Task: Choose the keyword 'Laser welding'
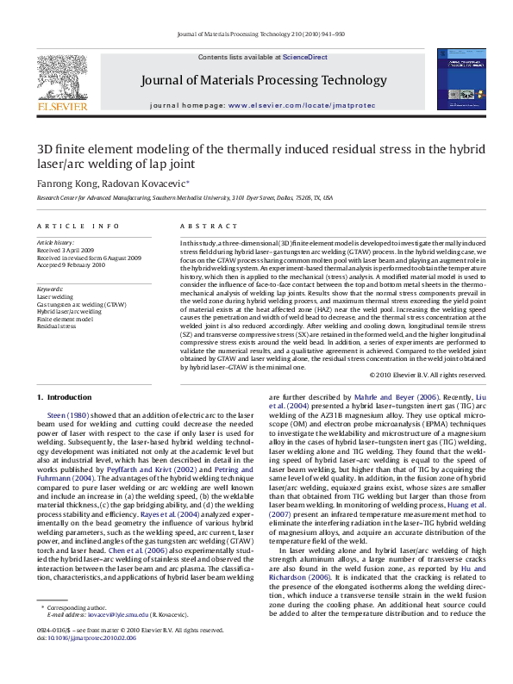[56, 296]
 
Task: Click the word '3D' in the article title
[45, 147]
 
